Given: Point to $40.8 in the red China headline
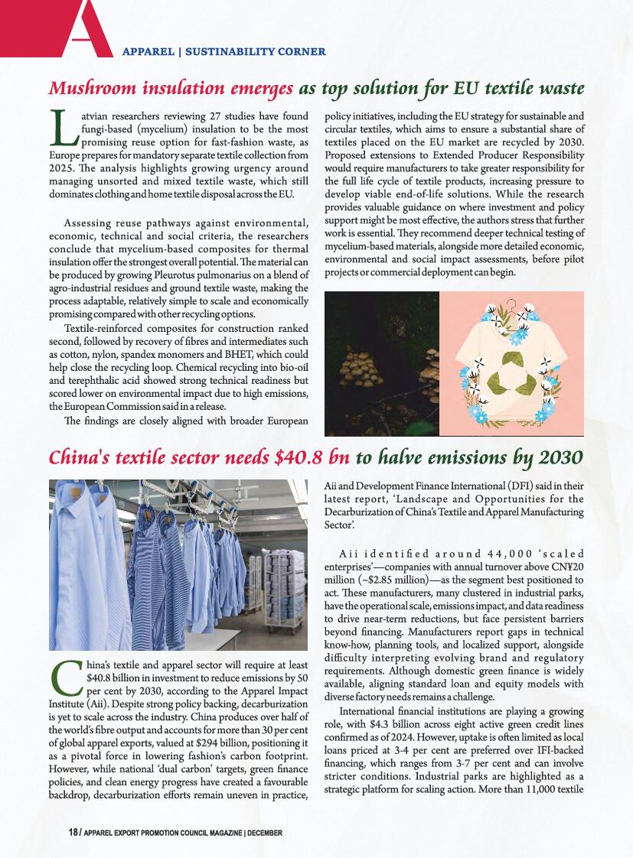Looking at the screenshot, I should tap(299, 457).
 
